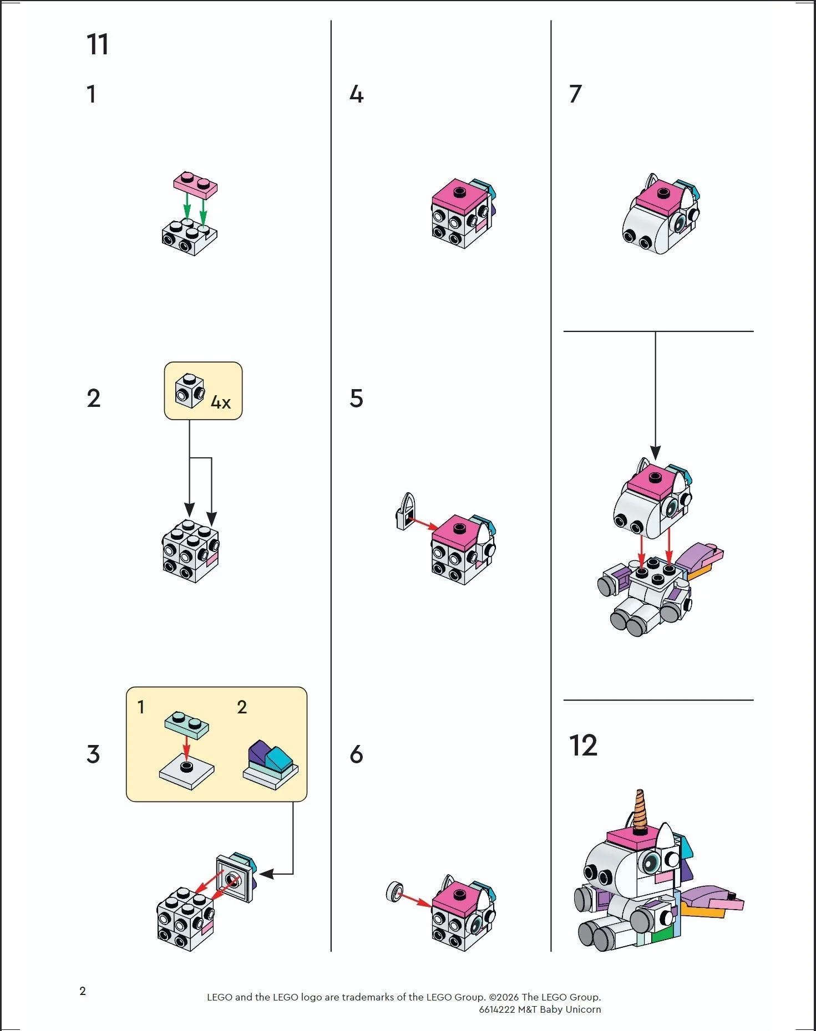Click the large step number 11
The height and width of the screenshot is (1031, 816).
tap(98, 44)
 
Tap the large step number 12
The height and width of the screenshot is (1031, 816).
tap(583, 746)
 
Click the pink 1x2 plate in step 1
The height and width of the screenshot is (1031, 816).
tap(195, 185)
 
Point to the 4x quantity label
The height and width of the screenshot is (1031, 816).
tap(221, 402)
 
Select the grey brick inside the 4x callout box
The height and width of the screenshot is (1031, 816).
tap(189, 391)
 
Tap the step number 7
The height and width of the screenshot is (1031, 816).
tap(575, 94)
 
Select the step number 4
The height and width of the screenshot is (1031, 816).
tap(356, 94)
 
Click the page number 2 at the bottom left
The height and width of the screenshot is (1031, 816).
tap(83, 991)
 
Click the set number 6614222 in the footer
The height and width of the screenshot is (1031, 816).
tap(497, 1009)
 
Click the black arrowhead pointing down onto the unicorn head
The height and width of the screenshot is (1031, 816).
tap(655, 453)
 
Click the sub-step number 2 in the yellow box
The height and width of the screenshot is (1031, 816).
tap(242, 707)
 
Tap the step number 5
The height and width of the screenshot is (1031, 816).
tap(356, 399)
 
